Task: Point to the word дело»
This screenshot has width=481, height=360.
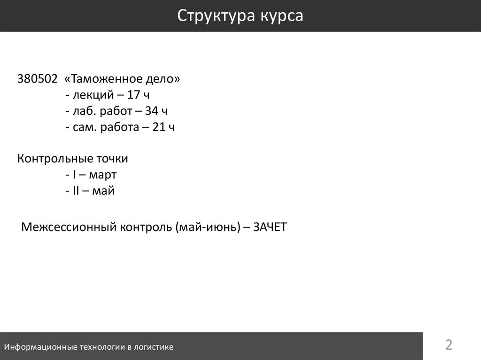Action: point(164,79)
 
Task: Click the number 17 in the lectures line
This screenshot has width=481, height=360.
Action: point(133,95)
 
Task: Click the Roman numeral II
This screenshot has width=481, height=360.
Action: point(77,191)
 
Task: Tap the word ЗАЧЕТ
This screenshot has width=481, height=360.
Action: point(269,228)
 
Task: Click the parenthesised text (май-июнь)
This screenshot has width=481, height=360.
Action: point(207,228)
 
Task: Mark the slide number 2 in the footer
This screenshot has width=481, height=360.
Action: point(449,345)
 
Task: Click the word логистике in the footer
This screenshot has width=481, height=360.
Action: point(154,347)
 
